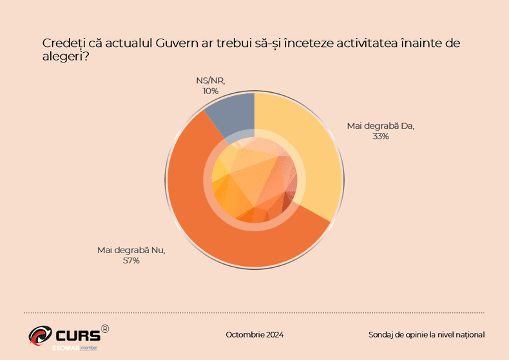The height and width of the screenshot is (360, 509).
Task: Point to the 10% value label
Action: coord(210,91)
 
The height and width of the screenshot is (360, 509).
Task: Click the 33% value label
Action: coord(379,137)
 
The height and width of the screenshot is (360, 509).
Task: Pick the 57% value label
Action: coord(131,261)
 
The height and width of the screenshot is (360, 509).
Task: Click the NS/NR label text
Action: coord(210,81)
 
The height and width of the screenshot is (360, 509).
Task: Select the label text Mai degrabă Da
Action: coord(380,126)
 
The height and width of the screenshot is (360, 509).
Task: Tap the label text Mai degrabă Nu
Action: coord(131,251)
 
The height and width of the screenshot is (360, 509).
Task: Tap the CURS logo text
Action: coord(78,335)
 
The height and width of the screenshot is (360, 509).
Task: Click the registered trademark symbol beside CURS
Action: coord(105,328)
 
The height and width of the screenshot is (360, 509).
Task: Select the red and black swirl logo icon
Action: coord(41,335)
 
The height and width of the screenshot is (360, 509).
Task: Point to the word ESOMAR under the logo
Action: coord(66,348)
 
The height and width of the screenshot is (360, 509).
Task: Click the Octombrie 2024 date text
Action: coord(254,335)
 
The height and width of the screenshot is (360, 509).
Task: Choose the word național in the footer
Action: coord(468,335)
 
